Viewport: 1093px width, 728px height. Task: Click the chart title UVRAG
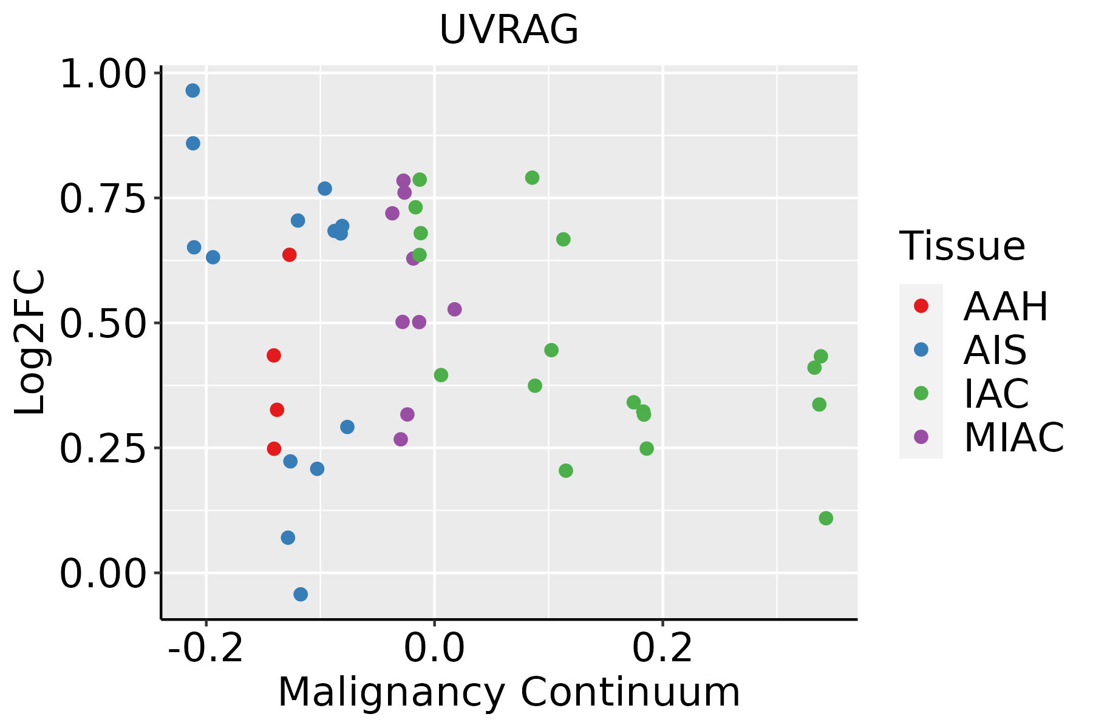[x=509, y=30]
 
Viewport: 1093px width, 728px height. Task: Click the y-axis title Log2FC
[x=30, y=342]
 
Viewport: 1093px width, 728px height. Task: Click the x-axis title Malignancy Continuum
[x=509, y=693]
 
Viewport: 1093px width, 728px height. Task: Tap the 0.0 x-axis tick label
[x=434, y=648]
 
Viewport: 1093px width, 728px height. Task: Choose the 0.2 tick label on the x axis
[x=662, y=648]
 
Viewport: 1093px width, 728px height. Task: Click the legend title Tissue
[x=962, y=246]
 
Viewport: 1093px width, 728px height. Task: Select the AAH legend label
[x=1006, y=306]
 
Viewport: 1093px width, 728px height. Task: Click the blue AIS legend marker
[x=921, y=349]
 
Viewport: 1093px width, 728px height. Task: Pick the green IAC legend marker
[x=921, y=393]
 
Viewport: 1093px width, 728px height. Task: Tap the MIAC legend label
[x=1014, y=437]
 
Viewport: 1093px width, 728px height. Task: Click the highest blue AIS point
[x=192, y=91]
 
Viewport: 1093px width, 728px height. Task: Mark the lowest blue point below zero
[x=301, y=594]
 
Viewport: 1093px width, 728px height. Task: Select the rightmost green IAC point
[x=826, y=518]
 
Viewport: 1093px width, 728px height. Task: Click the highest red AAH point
[x=290, y=255]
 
